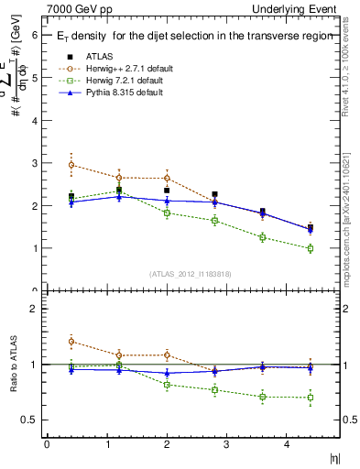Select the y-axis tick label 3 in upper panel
tap(34, 163)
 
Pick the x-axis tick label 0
tap(47, 444)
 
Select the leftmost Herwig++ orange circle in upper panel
tap(71, 165)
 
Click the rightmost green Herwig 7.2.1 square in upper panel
tap(311, 248)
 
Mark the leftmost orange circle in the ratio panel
tap(71, 342)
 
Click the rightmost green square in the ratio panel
tap(311, 398)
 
